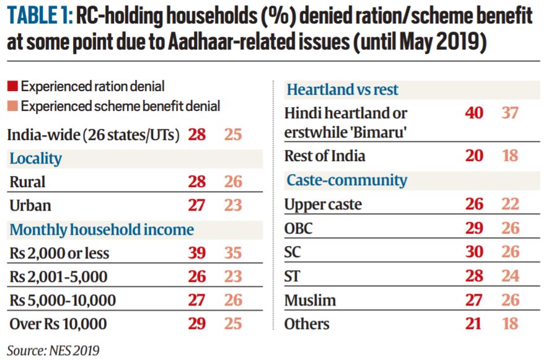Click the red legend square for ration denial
(x=12, y=86)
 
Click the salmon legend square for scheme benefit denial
(x=12, y=107)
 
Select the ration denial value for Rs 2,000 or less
(x=196, y=253)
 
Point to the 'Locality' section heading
(x=35, y=159)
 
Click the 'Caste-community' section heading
(x=346, y=180)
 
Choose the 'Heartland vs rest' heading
(x=342, y=90)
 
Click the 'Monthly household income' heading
(x=102, y=230)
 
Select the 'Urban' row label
(x=30, y=206)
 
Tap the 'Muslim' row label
(x=310, y=301)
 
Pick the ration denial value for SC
(x=474, y=252)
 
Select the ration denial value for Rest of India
(x=474, y=156)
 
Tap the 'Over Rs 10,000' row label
(x=58, y=324)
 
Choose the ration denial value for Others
(x=474, y=324)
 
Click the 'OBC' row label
(x=298, y=229)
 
